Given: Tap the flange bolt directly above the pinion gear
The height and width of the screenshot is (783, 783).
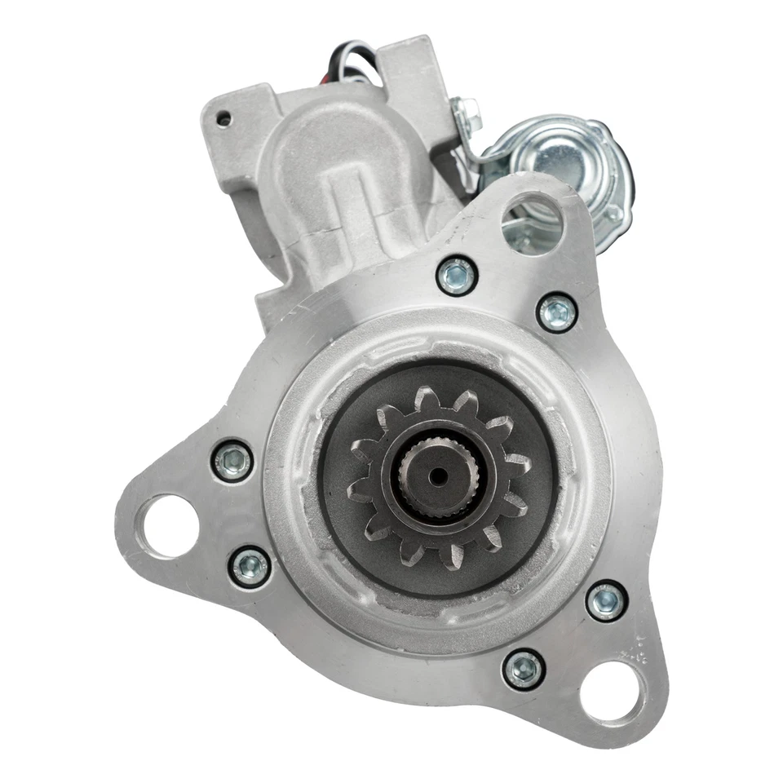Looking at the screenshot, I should click(456, 276).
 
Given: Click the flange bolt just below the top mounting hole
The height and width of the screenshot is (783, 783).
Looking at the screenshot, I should click(558, 312).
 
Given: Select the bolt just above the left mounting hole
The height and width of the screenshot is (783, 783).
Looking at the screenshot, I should click(232, 461).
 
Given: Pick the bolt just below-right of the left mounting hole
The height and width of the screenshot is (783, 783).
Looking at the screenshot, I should click(250, 566).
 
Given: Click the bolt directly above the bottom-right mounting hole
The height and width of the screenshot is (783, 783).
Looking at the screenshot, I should click(607, 601).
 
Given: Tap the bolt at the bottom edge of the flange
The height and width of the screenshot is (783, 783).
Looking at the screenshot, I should click(524, 669).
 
